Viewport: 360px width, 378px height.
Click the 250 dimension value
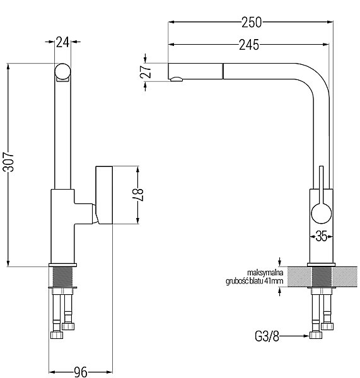(x=252, y=23)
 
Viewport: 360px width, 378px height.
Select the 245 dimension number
(x=249, y=45)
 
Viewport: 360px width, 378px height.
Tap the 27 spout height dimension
(x=146, y=72)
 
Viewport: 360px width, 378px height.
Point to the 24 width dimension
(x=63, y=42)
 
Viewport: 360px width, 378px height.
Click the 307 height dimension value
(x=8, y=162)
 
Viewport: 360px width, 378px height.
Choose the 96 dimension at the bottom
(x=81, y=372)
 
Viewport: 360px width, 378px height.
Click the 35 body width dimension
(x=321, y=236)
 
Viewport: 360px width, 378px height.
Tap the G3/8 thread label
(x=267, y=336)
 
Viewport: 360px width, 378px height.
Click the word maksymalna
(x=265, y=273)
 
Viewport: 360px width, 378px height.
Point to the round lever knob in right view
(x=322, y=214)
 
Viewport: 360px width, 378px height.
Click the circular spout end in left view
(x=63, y=72)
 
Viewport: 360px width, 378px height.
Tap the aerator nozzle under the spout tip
(x=177, y=79)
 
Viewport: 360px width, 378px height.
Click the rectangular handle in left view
(x=104, y=195)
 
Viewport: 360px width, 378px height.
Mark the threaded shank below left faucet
(x=62, y=277)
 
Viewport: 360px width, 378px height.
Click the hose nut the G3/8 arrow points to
(x=316, y=335)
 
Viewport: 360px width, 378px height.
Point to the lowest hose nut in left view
(x=57, y=335)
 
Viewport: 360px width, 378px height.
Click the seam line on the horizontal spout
(x=223, y=71)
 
